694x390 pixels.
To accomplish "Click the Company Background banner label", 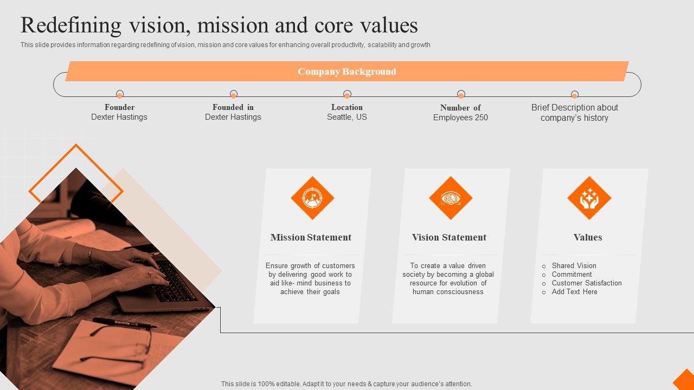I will coord(346,71).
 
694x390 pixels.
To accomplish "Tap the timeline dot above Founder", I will coord(120,94).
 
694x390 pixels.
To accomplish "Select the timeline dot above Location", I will coord(347,94).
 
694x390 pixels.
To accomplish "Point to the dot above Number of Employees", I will coord(461,94).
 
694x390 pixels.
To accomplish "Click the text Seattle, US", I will coord(346,117).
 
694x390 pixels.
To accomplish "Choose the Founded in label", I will coord(233,107).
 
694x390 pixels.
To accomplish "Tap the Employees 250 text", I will coord(460,118).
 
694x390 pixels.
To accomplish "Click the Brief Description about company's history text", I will coord(574,113).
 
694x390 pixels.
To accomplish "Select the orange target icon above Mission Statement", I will coord(312,198).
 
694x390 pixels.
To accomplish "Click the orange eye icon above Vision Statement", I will coord(451,198).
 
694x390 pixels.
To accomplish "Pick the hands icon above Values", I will coord(589,198).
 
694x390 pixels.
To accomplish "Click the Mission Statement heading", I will coord(311,237).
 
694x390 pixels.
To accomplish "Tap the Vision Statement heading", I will coord(449,237).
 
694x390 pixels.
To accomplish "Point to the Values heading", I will coord(588,237).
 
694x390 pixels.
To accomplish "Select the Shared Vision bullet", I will coord(574,265).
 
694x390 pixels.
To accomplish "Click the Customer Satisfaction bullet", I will coord(587,283).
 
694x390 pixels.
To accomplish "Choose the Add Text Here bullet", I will coord(574,291).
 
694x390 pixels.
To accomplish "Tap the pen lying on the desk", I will coord(125,323).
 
